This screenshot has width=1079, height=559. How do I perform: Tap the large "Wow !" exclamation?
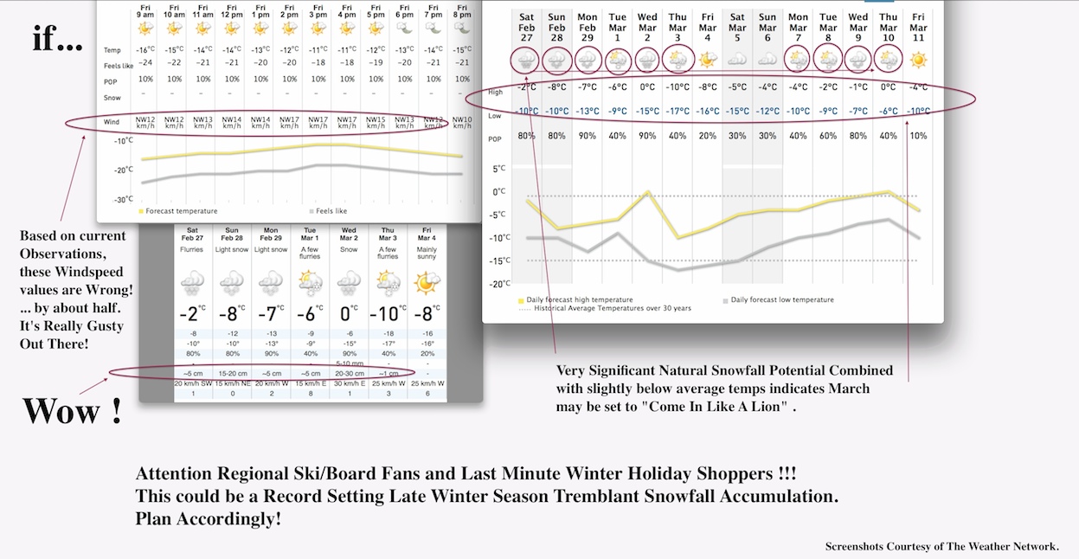point(72,410)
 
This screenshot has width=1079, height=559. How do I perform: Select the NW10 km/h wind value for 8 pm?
point(463,122)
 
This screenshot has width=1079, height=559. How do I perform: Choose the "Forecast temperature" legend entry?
point(181,211)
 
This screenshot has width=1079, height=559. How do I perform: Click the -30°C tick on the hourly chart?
point(124,199)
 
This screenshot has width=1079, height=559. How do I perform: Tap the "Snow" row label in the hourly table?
point(112,98)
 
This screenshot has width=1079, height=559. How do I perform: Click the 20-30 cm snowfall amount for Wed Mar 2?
point(349,373)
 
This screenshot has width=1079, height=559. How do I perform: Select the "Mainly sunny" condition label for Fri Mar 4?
point(426,254)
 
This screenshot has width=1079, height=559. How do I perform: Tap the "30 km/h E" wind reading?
point(349,383)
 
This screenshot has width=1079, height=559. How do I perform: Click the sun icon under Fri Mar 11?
point(918,60)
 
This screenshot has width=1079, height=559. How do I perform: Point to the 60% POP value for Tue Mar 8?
point(828,137)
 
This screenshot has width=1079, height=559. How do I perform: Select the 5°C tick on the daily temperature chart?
point(498,169)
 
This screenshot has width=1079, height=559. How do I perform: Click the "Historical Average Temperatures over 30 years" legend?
point(612,308)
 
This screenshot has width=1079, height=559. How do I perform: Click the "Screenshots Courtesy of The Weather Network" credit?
point(941,546)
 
